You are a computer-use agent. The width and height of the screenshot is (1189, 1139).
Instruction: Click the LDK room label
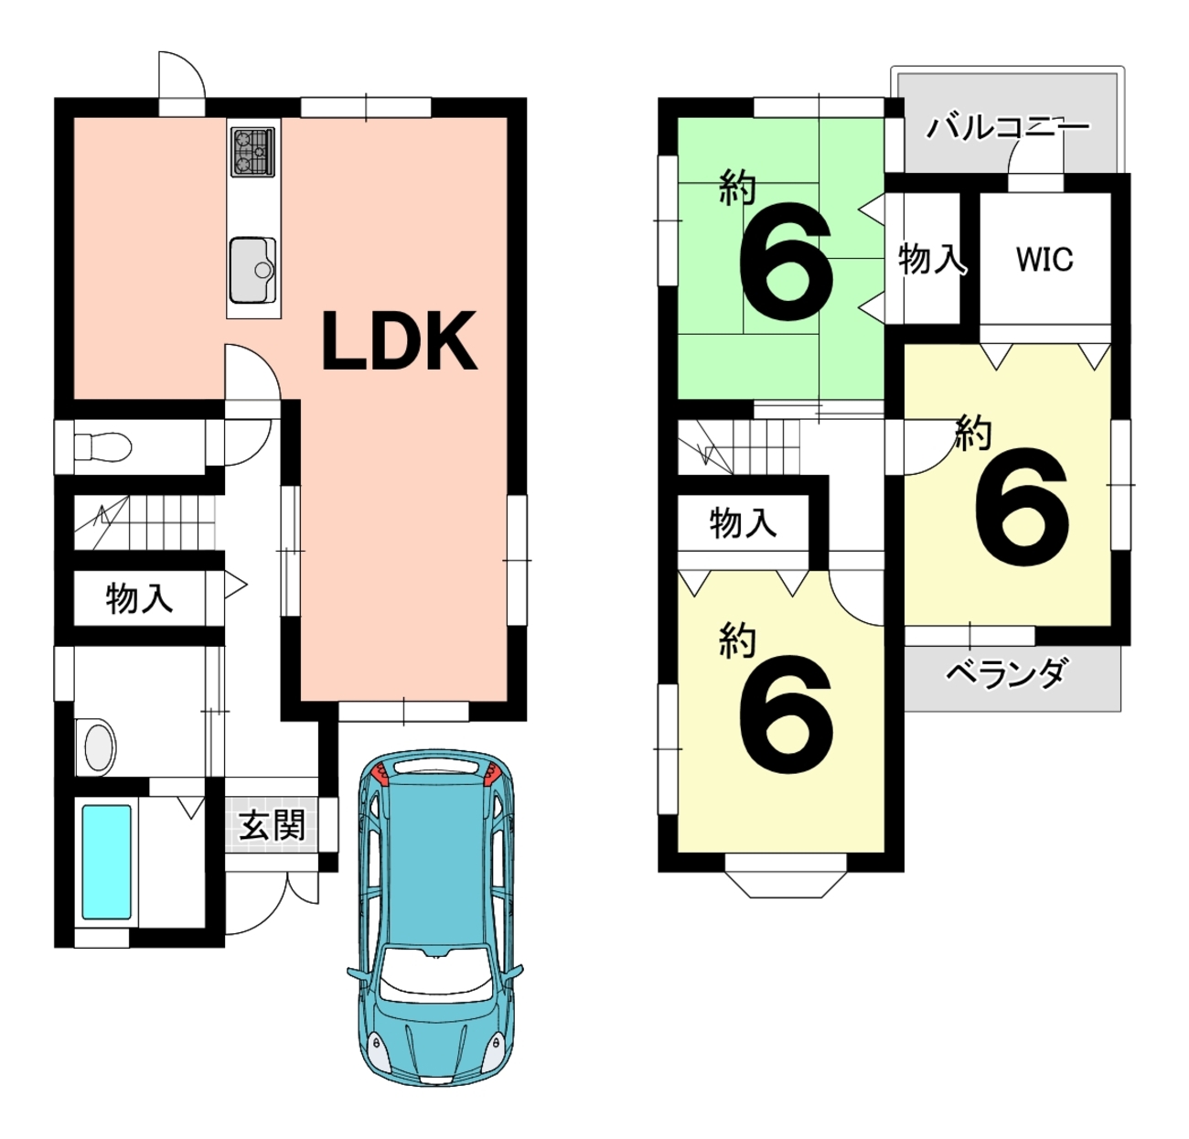pos(399,340)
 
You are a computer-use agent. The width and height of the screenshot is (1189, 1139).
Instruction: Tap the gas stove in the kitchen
pos(253,152)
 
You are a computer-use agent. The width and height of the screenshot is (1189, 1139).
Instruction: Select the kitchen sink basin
pos(252,270)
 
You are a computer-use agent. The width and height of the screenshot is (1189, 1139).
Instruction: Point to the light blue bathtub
pos(106,862)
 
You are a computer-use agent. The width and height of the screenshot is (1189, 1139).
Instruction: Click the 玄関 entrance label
pos(272,826)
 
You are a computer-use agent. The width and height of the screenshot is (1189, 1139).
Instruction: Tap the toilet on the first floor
pos(102,447)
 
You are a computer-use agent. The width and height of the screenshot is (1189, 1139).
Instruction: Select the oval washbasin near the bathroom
pos(99,747)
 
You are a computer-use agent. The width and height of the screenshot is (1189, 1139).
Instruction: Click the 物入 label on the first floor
pos(139,598)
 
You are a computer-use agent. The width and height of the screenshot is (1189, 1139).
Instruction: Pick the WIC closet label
pos(1044,260)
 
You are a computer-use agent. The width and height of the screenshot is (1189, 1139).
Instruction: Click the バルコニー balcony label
pos(1008,128)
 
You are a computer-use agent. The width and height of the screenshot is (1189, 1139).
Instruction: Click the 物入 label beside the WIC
pos(932,259)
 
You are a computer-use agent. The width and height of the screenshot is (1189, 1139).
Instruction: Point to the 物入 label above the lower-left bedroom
pos(743,523)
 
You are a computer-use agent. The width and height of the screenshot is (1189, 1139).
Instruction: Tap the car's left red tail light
pos(380,775)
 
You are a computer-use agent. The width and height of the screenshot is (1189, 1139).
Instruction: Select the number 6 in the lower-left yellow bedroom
pos(786,715)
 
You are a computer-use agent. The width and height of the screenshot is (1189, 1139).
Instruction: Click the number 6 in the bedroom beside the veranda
pos(1021,507)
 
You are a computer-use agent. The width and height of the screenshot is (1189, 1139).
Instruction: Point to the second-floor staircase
pos(739,447)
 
